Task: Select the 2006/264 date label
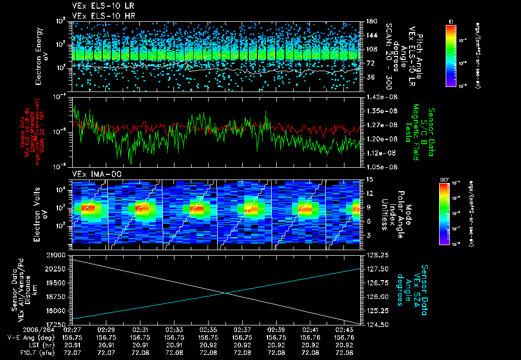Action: coord(19,329)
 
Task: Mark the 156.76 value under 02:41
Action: coord(310,337)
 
